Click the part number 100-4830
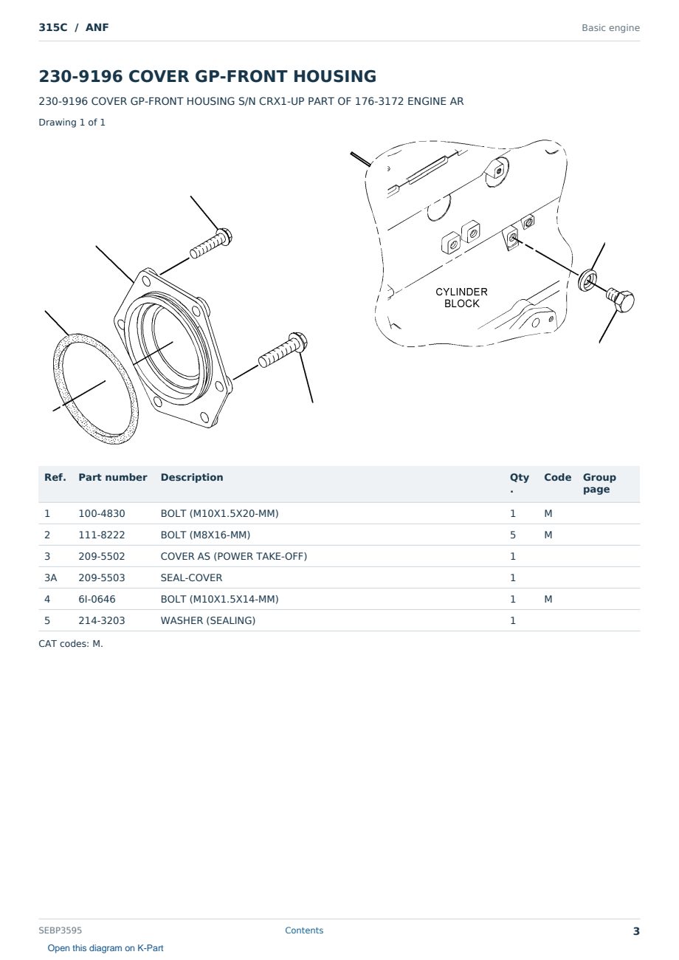102,513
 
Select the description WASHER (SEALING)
208,620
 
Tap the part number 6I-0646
97,599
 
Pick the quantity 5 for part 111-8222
513,535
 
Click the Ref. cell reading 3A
50,577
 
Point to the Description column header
192,478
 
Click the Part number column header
113,478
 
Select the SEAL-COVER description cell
191,577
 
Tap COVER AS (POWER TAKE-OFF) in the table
234,556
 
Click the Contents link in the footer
304,930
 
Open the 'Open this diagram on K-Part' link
106,948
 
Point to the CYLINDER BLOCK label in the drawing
461,298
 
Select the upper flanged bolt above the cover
211,244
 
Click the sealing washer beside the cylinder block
587,280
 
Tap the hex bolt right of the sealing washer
621,299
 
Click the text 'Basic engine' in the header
610,28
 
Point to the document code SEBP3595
60,930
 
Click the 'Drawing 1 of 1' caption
72,123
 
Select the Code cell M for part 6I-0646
548,599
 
